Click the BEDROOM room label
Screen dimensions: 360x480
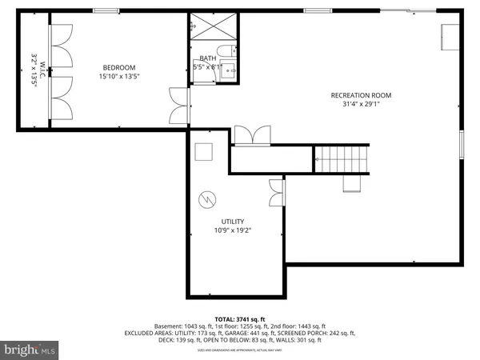pyautogui.click(x=118, y=67)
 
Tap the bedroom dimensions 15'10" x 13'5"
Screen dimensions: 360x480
pyautogui.click(x=118, y=77)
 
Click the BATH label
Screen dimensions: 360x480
pyautogui.click(x=208, y=58)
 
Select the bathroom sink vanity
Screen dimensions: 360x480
pyautogui.click(x=229, y=70)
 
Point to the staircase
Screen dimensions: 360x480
pyautogui.click(x=342, y=159)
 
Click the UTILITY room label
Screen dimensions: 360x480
pyautogui.click(x=233, y=222)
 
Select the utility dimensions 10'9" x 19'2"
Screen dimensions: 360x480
pyautogui.click(x=233, y=230)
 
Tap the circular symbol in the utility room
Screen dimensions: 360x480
pyautogui.click(x=207, y=199)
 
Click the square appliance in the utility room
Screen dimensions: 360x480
pyautogui.click(x=204, y=151)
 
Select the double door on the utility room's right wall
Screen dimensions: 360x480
pyautogui.click(x=278, y=191)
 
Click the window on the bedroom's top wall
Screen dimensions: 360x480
pyautogui.click(x=104, y=11)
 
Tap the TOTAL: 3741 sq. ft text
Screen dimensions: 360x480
pyautogui.click(x=239, y=318)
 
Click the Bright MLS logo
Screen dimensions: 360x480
pyautogui.click(x=30, y=349)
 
